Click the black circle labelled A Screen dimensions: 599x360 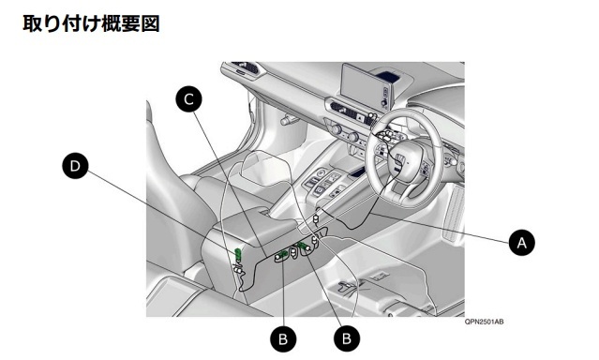coord(521,242)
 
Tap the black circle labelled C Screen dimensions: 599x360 coord(188,99)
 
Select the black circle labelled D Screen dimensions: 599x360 coord(75,166)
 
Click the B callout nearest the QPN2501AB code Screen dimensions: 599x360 coord(347,338)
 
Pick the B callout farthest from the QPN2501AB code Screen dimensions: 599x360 coord(283,339)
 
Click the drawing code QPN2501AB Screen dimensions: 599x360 coord(484,322)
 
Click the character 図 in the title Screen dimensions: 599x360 coord(149,23)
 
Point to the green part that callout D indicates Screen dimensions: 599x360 coord(238,252)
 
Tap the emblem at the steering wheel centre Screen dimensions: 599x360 coord(399,160)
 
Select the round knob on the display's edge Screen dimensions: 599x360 coord(383,102)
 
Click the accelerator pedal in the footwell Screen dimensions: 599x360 coord(454,215)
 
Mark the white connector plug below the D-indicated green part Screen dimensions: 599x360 coord(238,270)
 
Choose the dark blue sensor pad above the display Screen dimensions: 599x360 coord(389,74)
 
